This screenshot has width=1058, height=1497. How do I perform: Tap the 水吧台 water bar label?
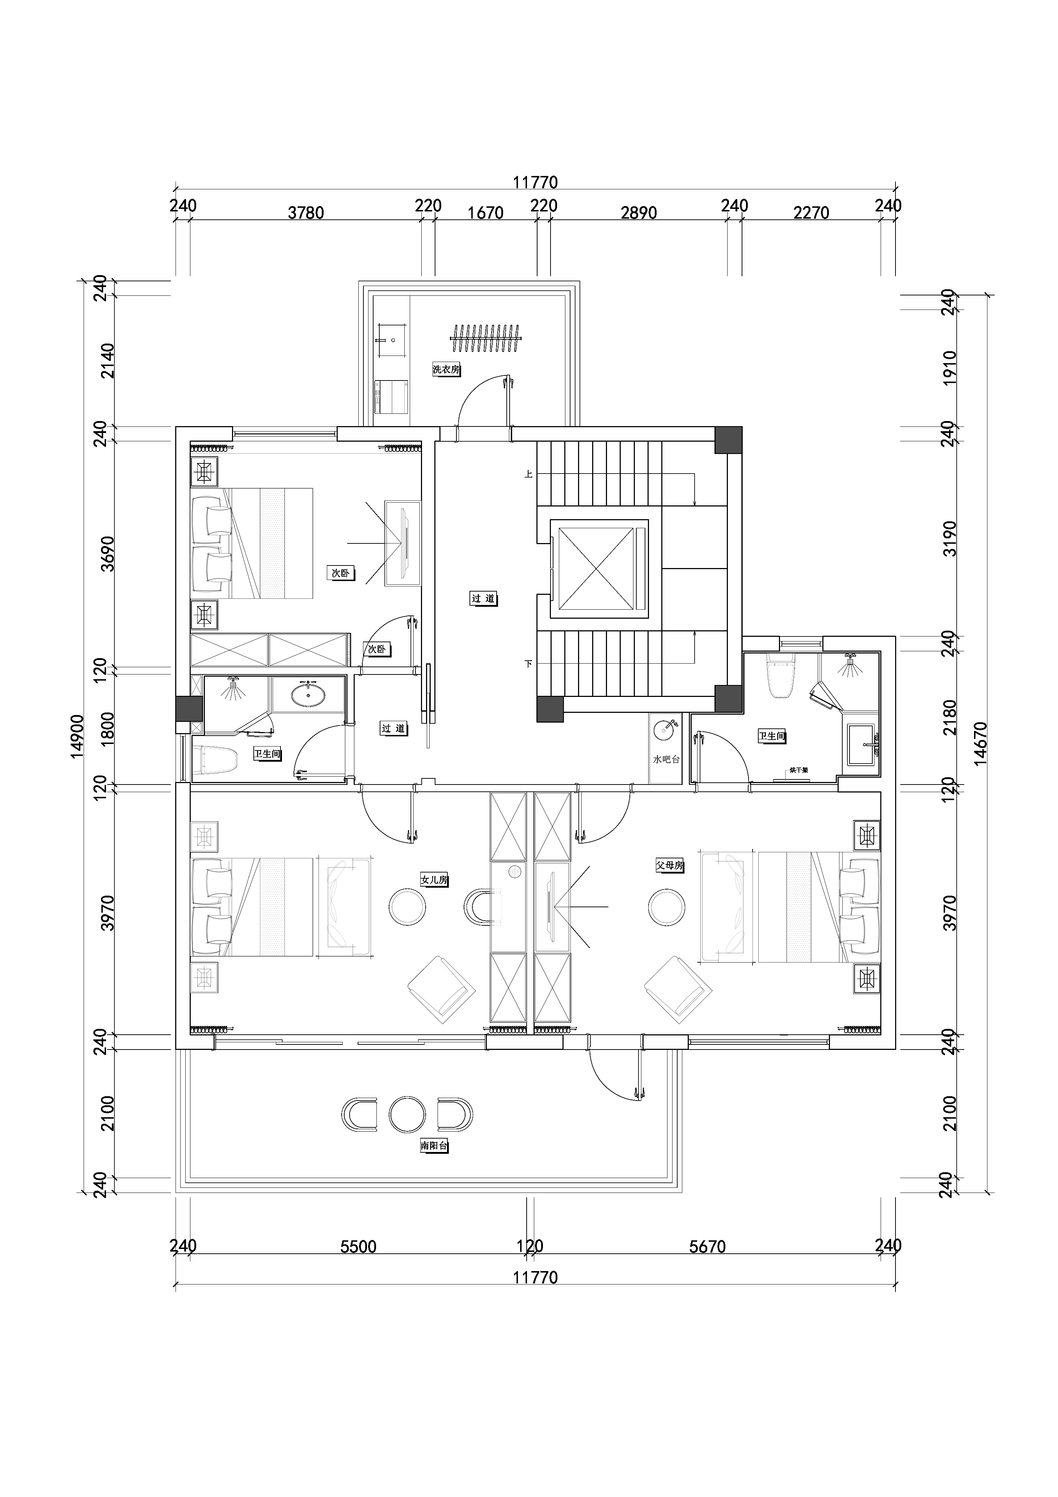click(x=666, y=759)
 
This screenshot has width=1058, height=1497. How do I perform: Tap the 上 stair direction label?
click(x=529, y=475)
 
